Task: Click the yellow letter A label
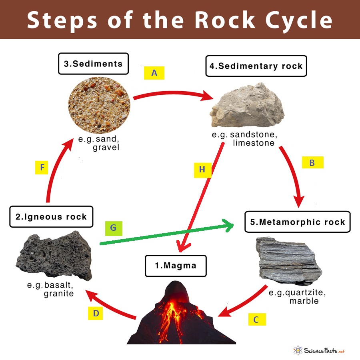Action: coord(154,73)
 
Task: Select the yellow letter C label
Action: coord(256,319)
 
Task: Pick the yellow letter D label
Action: coord(96,313)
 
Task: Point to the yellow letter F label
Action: coord(41,167)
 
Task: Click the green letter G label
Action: coord(113,228)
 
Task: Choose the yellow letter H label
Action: coord(202,170)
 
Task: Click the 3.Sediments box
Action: coord(93,63)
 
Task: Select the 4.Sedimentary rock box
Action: coord(256,66)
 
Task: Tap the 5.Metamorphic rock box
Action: coord(297,222)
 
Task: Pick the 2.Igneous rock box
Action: coord(51,217)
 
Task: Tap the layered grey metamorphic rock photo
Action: coord(288,258)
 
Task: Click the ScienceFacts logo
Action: coord(318,351)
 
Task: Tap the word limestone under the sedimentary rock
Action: coord(254,143)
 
